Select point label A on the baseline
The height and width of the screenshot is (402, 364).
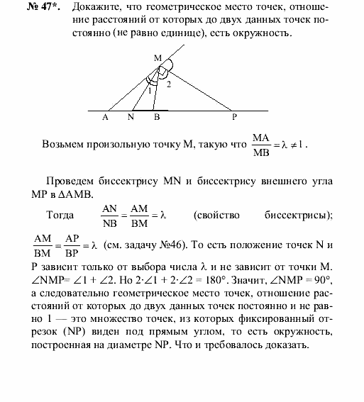(x=105, y=118)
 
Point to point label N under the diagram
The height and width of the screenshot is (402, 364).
(x=131, y=118)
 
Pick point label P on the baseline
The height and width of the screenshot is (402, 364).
(x=235, y=118)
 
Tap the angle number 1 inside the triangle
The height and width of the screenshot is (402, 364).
(x=150, y=90)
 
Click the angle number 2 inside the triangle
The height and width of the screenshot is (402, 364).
(x=169, y=85)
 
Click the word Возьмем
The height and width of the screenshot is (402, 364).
(x=66, y=144)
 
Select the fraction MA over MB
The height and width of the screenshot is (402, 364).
(x=264, y=144)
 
